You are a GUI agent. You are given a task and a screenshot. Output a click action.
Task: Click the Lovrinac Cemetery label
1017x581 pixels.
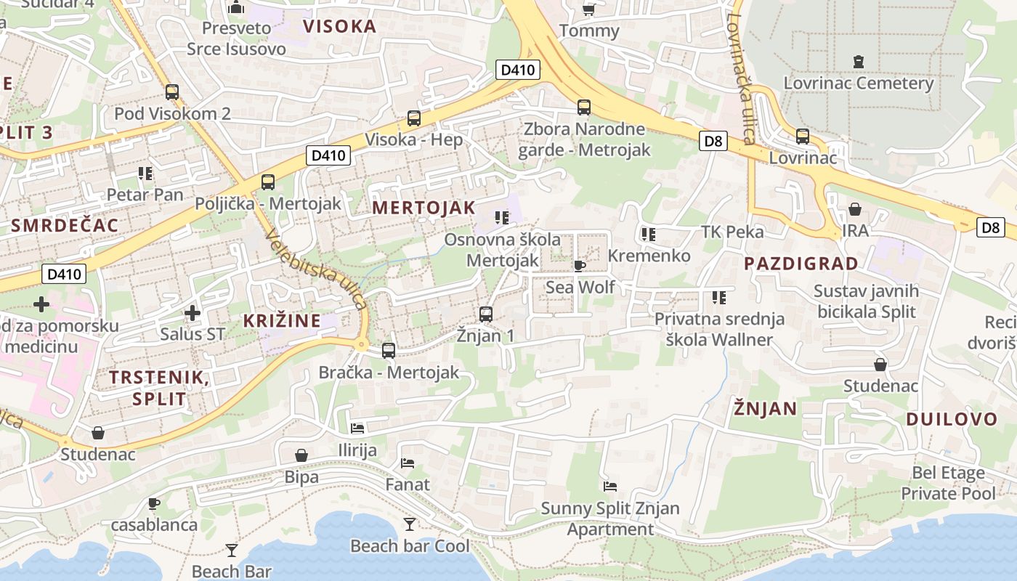pos(858,83)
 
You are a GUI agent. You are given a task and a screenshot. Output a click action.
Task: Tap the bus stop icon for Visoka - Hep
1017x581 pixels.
pos(413,118)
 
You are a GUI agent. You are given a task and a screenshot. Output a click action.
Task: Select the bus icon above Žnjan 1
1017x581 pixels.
pos(486,314)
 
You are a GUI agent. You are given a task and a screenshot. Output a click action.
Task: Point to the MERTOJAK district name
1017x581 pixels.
pos(424,208)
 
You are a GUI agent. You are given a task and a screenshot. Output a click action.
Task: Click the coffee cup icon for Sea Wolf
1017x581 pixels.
pos(579,266)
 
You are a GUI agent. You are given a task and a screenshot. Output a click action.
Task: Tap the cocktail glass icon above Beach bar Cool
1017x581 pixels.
pos(410,524)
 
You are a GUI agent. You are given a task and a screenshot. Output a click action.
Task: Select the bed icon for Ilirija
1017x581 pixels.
pos(357,428)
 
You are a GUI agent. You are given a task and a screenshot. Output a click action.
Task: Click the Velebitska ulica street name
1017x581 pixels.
pos(316,269)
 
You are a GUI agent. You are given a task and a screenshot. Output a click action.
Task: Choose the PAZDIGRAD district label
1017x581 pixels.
pos(801,263)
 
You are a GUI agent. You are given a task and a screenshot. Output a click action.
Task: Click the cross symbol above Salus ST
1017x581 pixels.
pos(193,313)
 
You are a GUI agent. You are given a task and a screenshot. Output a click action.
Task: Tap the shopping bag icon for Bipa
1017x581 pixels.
pos(301,455)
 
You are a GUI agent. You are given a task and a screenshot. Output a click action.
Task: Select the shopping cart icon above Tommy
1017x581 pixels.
pos(588,9)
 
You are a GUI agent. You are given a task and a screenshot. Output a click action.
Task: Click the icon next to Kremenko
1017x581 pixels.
pos(649,235)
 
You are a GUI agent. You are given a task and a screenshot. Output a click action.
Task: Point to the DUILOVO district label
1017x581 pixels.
pos(952,419)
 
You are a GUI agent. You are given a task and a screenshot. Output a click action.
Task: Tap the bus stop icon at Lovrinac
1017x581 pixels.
pos(802,136)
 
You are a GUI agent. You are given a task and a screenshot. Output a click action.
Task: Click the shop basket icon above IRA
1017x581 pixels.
pos(855,209)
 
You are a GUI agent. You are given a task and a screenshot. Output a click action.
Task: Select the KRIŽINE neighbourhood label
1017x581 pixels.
pos(282,320)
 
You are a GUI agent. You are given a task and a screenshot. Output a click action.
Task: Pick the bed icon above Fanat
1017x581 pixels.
pos(408,463)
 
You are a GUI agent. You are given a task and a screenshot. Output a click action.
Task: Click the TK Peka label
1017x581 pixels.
pos(732,232)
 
